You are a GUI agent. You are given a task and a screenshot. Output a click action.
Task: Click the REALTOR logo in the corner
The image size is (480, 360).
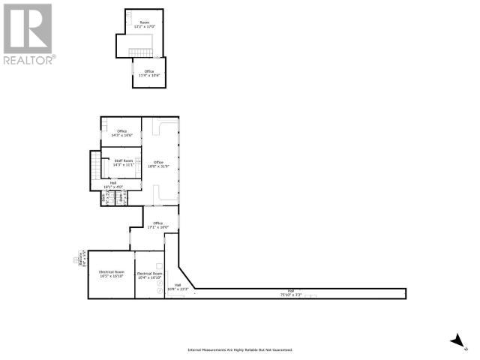tap(28, 34)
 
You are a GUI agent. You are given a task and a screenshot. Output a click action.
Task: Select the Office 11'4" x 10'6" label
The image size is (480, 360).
tap(149, 73)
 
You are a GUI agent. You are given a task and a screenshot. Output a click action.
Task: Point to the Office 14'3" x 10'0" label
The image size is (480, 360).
tap(121, 133)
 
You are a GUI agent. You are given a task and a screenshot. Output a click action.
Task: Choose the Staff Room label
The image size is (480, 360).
tap(122, 162)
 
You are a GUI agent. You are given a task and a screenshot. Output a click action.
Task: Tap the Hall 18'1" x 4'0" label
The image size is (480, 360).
tap(113, 184)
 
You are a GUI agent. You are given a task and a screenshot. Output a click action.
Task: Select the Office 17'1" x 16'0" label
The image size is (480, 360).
tap(157, 225)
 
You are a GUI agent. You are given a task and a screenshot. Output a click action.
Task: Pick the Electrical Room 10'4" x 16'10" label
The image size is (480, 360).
tap(149, 275)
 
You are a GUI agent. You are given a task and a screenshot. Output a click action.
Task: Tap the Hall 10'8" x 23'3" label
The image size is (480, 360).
tap(178, 287)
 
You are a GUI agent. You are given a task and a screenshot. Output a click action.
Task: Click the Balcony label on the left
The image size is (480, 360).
tap(80, 259)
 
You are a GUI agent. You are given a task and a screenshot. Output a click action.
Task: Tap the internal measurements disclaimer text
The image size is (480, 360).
tap(239, 349)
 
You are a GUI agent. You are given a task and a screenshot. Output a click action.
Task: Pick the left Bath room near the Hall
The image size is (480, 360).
tap(105, 199)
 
